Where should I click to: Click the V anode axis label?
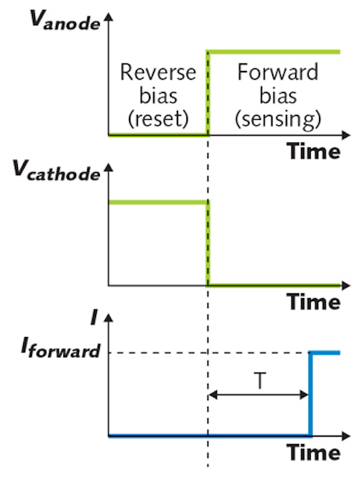coord(65,20)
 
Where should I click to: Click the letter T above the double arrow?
coord(259,381)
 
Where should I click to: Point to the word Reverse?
coord(158,72)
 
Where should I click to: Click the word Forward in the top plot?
coord(278,72)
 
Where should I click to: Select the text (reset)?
coord(158,118)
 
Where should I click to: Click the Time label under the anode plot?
coord(314,151)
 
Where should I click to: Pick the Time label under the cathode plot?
coord(314,302)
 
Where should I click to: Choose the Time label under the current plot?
coord(314,452)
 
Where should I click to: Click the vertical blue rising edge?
coord(310,394)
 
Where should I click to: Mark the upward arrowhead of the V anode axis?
coord(108,17)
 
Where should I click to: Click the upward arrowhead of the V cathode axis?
coord(108,168)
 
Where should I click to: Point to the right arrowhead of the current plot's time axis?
coord(347,436)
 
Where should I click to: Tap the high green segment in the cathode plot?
coord(158,202)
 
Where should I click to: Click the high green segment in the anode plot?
coord(274,52)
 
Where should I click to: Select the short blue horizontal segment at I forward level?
coord(324,353)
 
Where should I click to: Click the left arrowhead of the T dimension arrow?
coord(212,395)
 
